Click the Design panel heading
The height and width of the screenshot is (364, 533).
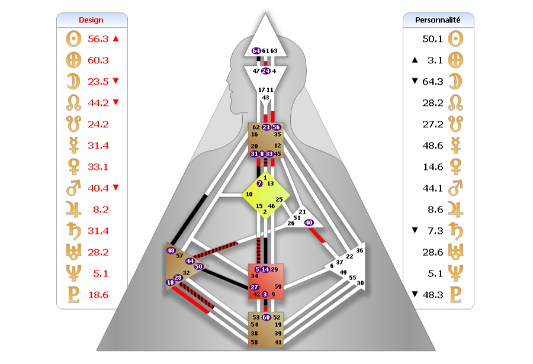point(91,20)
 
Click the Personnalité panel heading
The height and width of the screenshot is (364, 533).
point(438,20)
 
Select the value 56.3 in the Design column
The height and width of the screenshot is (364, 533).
point(98,39)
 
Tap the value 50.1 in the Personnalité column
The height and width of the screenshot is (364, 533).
point(433,39)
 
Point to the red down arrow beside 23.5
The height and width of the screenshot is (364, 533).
point(116,81)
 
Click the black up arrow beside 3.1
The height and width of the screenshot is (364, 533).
point(415,60)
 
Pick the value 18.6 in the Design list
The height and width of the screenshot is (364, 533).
point(98,295)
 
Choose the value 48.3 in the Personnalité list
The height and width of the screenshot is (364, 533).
point(433,295)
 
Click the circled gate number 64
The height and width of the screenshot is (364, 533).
point(256,51)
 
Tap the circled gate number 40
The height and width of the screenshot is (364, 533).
point(309,223)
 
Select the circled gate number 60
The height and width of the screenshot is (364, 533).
point(266,317)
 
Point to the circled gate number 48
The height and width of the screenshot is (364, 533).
point(171,250)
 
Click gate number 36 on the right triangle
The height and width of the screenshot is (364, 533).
point(359,250)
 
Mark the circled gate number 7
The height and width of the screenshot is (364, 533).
point(260,183)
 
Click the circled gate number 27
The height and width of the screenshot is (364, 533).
point(254,287)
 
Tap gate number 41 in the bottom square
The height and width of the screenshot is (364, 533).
point(278,342)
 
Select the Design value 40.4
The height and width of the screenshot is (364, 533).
point(98,188)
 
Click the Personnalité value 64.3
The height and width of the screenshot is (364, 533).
point(433,82)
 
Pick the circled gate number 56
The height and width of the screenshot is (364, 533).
point(277,127)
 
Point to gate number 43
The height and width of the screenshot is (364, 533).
point(265,98)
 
